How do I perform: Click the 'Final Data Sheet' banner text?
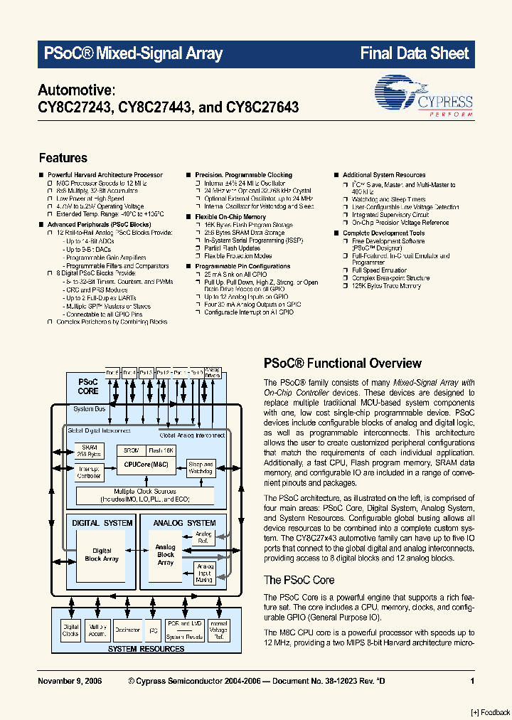(x=415, y=53)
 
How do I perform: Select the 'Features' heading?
(x=63, y=158)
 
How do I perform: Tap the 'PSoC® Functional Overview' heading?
(x=343, y=364)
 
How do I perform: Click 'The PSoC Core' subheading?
(x=299, y=580)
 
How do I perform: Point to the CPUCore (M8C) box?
(x=147, y=464)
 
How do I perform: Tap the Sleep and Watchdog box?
(x=201, y=467)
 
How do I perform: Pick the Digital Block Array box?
(x=102, y=554)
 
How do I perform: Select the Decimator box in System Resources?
(x=128, y=630)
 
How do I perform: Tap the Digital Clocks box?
(x=71, y=630)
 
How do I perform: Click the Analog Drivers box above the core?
(x=213, y=372)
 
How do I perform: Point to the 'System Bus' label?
(x=89, y=409)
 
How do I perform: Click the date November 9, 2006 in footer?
(x=70, y=681)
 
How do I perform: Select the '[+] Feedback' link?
(x=491, y=712)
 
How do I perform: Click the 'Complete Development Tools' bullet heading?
(x=384, y=233)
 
